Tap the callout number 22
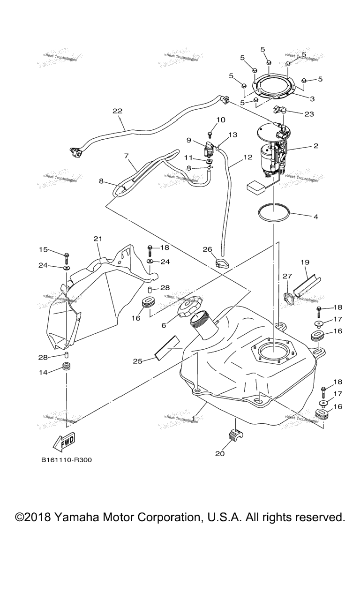point(117,111)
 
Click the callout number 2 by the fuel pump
point(315,146)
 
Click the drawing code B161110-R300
point(66,460)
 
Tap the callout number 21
point(97,239)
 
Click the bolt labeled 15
point(67,256)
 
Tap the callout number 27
point(287,277)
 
